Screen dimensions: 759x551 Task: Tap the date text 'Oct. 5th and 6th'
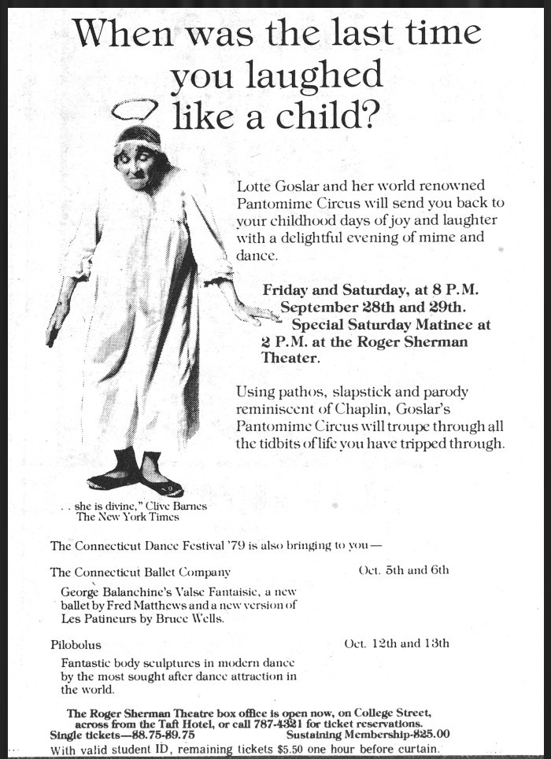coord(403,570)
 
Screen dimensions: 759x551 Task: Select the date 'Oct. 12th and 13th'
coord(397,643)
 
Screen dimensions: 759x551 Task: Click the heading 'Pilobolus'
coord(77,644)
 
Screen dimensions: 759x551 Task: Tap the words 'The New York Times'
coord(128,517)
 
